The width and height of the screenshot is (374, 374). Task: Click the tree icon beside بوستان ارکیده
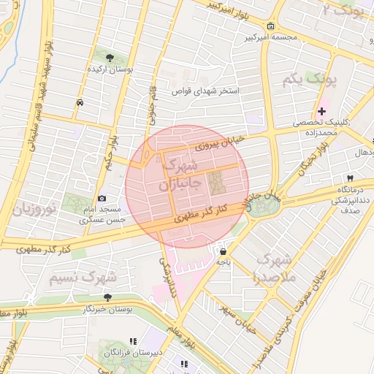click(x=110, y=58)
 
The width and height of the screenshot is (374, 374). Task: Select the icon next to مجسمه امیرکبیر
click(x=271, y=28)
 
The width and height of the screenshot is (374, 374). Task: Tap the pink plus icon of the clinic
click(x=321, y=110)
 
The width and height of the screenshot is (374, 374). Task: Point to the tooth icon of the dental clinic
click(x=350, y=178)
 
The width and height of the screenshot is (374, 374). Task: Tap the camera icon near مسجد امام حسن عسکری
click(x=102, y=199)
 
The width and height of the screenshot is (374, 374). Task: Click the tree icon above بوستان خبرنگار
click(x=107, y=297)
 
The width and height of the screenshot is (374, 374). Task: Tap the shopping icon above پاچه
click(x=221, y=251)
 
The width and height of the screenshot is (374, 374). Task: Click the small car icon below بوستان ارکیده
click(x=77, y=103)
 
